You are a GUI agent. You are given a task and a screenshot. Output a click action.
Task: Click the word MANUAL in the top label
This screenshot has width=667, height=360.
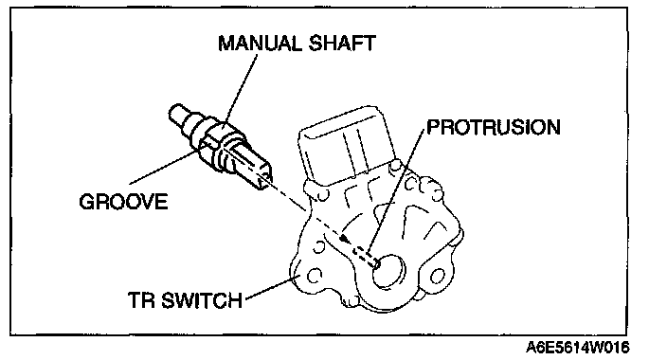(260, 43)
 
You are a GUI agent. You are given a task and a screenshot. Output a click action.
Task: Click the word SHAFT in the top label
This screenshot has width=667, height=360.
(342, 43)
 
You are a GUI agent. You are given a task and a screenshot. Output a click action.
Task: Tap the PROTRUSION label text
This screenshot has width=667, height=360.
(494, 127)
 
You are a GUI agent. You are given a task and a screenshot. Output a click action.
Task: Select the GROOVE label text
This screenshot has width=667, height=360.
(123, 201)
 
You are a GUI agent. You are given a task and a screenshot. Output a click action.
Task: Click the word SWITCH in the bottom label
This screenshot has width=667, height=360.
(203, 300)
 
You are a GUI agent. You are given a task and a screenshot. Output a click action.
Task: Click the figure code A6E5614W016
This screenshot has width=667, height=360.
(577, 348)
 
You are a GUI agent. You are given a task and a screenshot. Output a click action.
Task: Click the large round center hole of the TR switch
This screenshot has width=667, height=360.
(388, 272)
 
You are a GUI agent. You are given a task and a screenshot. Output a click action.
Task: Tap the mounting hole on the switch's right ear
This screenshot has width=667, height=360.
(437, 277)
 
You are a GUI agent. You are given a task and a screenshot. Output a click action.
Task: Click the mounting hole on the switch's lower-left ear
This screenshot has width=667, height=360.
(314, 276)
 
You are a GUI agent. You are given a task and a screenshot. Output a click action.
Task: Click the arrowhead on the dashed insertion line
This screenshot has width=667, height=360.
(346, 239)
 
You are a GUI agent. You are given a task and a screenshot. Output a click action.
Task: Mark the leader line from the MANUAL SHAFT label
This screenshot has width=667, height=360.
(241, 89)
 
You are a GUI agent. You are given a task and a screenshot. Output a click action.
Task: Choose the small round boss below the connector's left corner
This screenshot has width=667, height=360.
(322, 195)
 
